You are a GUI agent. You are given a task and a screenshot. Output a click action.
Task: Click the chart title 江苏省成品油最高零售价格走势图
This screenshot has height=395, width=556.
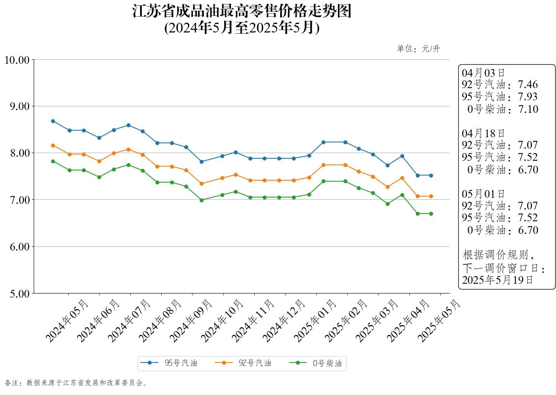pos(242,11)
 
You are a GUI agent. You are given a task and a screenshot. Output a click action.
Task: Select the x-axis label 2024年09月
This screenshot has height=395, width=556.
pos(191,320)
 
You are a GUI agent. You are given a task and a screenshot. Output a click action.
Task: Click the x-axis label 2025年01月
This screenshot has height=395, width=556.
pos(315,320)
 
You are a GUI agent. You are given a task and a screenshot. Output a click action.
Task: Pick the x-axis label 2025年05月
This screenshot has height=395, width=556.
pos(439,320)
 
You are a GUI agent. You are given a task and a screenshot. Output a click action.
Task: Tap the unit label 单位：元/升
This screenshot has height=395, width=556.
pos(418,49)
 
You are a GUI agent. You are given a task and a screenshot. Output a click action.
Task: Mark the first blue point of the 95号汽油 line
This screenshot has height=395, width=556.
pos(53,121)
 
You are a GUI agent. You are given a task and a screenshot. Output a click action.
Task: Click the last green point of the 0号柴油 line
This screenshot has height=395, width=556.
pos(431,214)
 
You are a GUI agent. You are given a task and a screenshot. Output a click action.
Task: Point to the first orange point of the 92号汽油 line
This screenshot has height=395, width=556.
pos(53,145)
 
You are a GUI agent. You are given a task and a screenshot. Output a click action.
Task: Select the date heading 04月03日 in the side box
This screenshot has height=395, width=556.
pos(483,73)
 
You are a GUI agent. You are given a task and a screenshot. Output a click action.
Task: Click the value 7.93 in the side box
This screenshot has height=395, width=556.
pos(528,97)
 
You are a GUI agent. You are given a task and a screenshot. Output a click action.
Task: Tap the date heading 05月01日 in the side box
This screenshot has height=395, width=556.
pos(483,194)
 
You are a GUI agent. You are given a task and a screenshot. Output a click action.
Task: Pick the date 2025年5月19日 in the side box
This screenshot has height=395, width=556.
pos(498,280)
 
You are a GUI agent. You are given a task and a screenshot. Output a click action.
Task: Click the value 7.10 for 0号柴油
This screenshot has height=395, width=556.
pos(528,109)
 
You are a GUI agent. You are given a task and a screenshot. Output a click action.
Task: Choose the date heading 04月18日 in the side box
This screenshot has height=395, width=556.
pos(483,133)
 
